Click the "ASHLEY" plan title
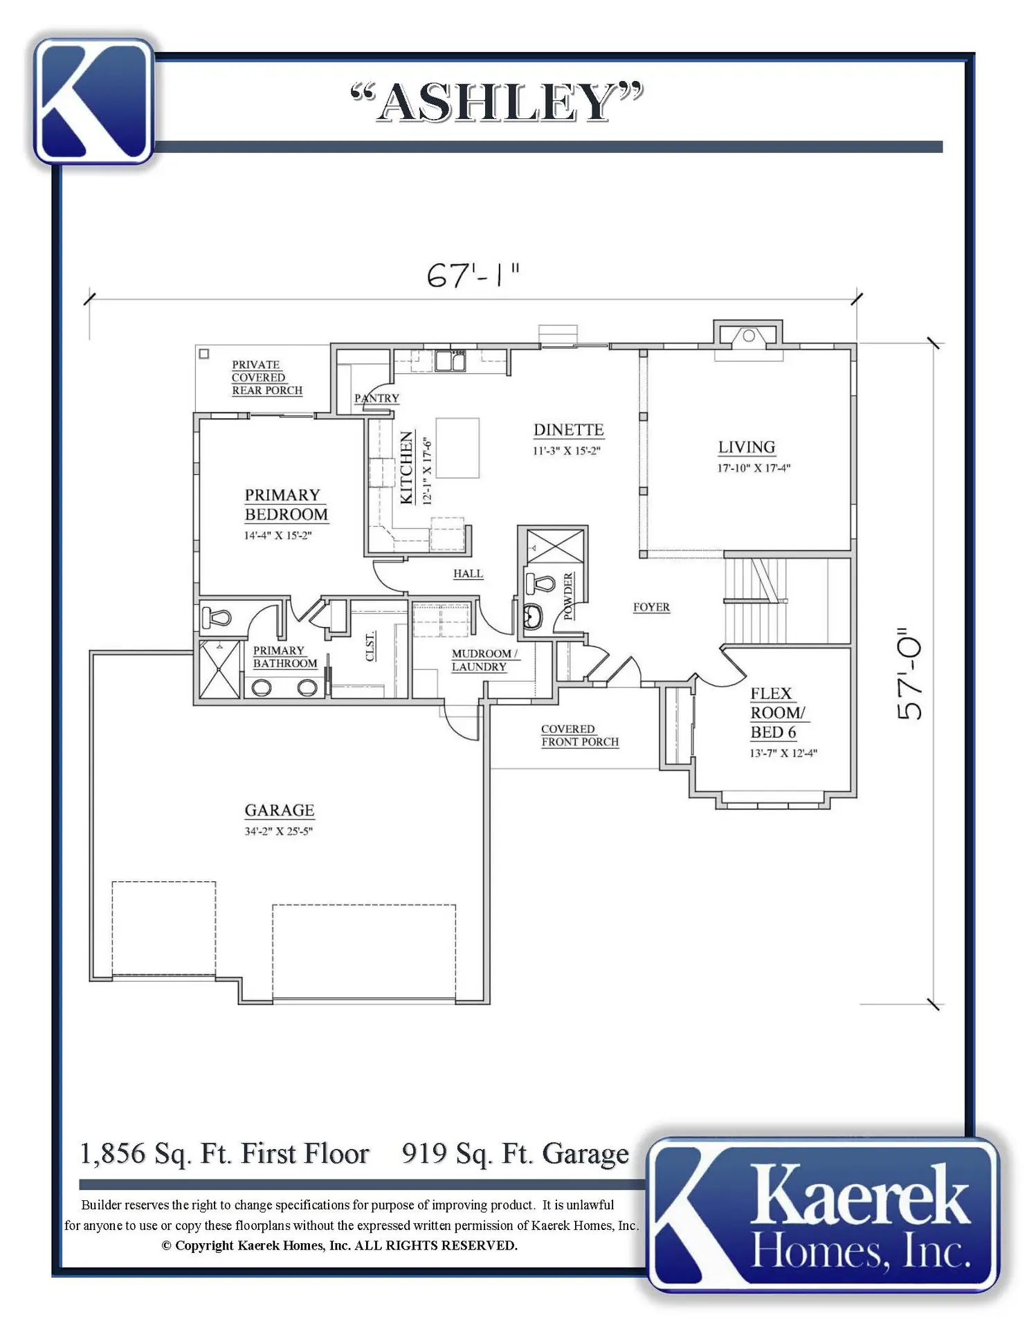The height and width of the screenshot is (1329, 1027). (497, 102)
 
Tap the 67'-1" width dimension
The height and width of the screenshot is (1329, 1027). (473, 275)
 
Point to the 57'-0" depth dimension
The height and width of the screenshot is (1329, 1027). (909, 674)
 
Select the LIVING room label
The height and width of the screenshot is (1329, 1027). (746, 447)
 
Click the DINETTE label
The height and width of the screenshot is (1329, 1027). (568, 430)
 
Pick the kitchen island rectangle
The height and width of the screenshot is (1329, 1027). (457, 448)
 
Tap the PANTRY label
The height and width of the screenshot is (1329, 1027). (376, 398)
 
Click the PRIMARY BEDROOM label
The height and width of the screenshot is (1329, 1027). (286, 505)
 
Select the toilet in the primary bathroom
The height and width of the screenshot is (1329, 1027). (216, 617)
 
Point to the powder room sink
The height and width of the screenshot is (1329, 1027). (532, 616)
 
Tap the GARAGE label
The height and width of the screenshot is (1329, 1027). (280, 810)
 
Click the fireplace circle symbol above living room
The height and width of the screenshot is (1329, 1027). (748, 336)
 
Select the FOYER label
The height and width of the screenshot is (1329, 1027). (651, 607)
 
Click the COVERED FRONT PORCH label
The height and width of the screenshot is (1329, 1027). (580, 735)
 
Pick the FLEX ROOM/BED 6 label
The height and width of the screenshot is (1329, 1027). (778, 713)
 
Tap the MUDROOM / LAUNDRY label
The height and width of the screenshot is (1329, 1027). (484, 660)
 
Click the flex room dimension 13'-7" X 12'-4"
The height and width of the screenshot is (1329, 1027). (783, 753)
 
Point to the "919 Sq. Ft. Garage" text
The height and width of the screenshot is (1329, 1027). (516, 1154)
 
